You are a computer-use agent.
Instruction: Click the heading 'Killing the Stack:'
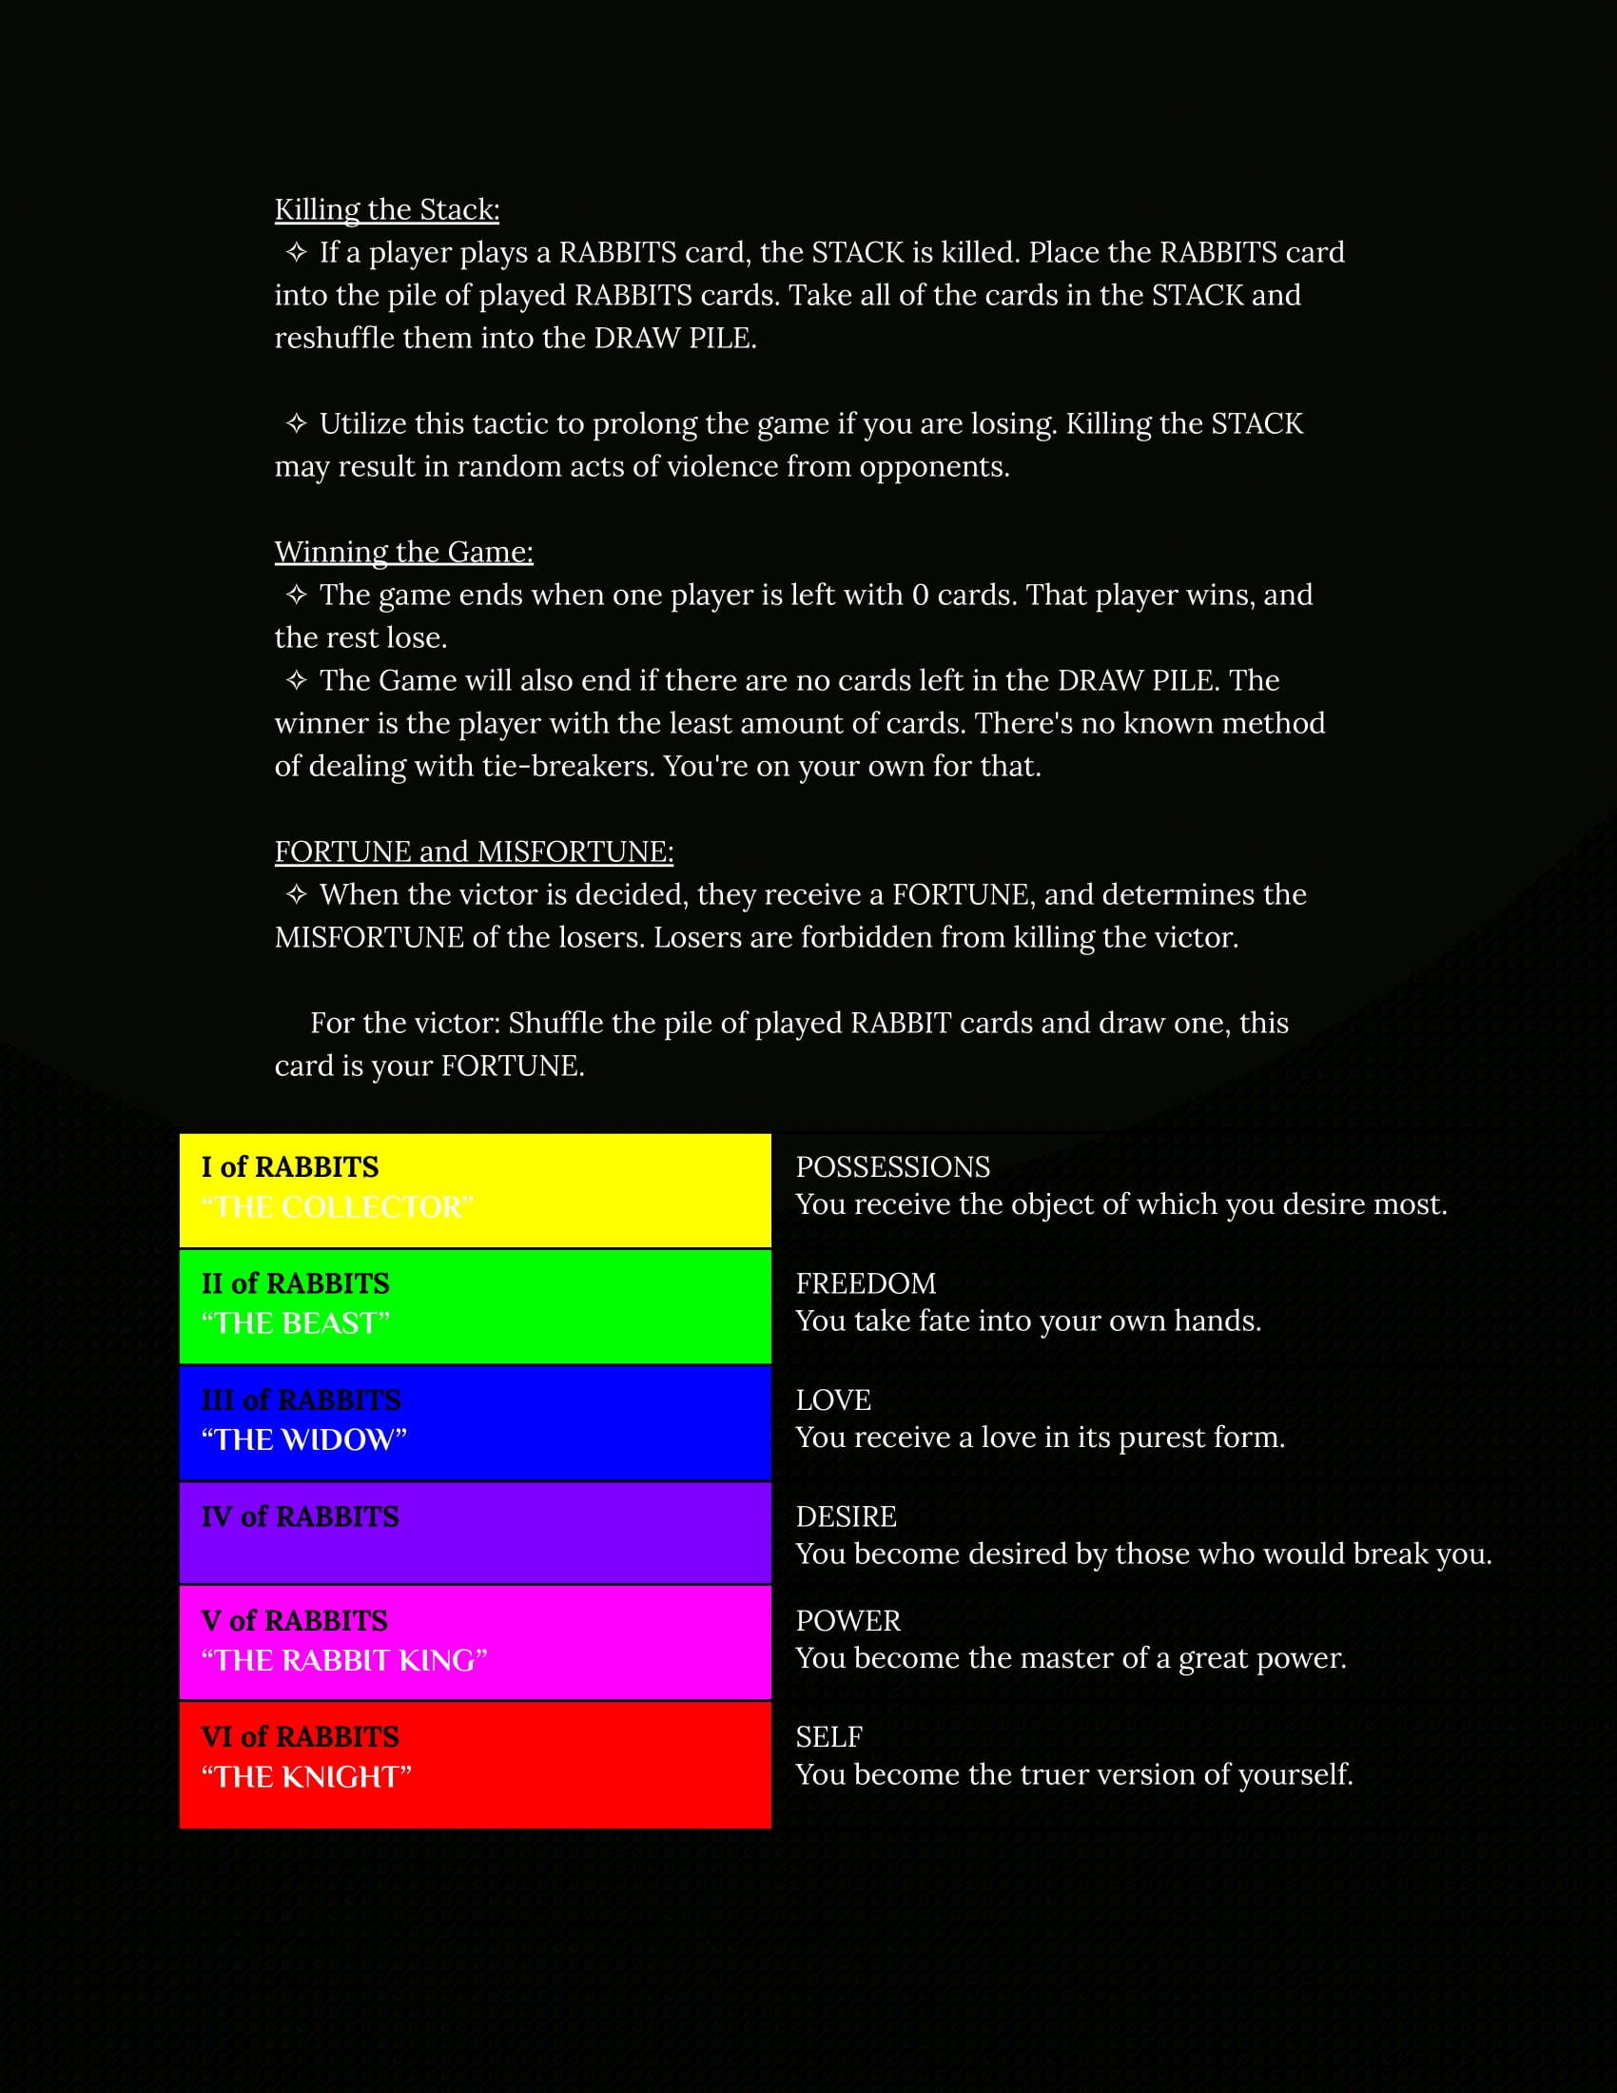point(386,209)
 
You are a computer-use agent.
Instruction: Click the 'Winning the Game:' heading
point(403,551)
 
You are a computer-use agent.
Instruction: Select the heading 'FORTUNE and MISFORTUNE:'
point(474,851)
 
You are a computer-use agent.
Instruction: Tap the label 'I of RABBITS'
point(289,1166)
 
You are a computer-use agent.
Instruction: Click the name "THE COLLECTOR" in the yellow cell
point(338,1206)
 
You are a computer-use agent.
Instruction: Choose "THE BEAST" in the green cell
point(295,1322)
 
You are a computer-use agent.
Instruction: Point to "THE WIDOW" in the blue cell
point(303,1439)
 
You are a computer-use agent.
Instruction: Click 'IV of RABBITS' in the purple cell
point(300,1516)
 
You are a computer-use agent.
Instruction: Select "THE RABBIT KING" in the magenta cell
point(344,1660)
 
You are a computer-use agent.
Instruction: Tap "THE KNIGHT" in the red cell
point(305,1777)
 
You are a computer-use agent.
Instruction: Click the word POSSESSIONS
point(893,1166)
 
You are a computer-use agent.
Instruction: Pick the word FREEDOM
point(865,1283)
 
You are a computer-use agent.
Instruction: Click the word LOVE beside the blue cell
point(832,1400)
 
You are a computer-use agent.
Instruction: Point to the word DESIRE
point(846,1516)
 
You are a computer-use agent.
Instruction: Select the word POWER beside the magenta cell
point(847,1620)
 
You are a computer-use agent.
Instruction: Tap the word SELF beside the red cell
point(828,1736)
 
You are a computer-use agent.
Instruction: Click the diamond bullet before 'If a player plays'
point(296,252)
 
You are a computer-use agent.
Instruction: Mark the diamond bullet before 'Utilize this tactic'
point(296,423)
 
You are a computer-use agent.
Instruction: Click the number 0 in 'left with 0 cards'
point(920,596)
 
